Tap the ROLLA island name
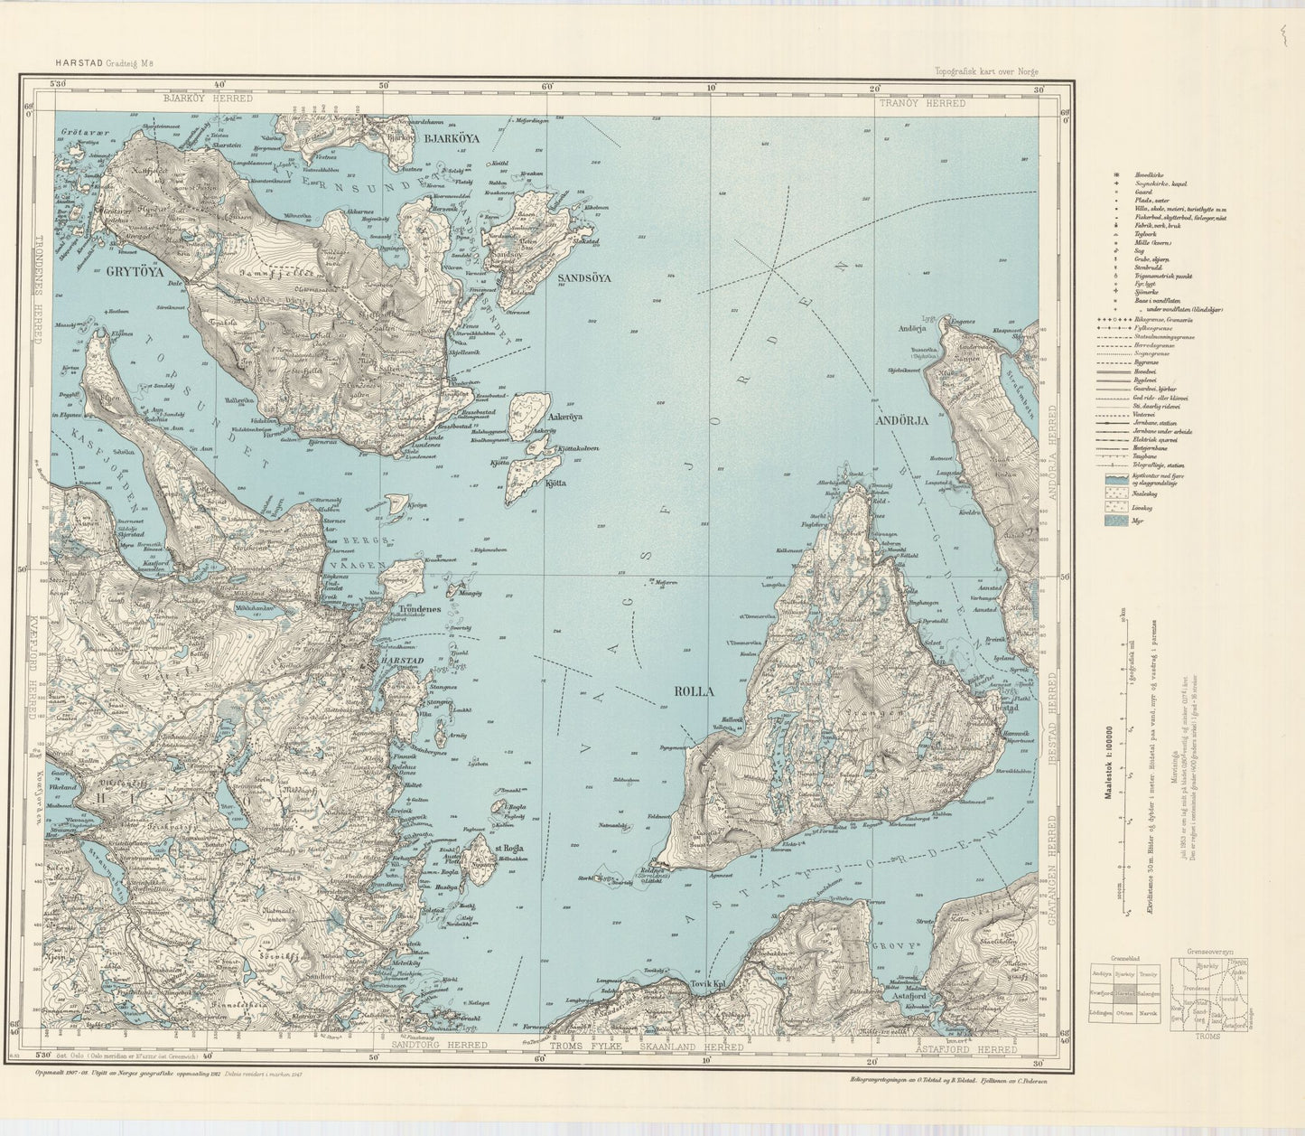(694, 691)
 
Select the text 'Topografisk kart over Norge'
(987, 70)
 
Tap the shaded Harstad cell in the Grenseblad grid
(1123, 993)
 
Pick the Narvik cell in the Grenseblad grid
(1148, 1013)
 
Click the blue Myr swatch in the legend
(1114, 521)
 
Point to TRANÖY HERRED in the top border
(920, 103)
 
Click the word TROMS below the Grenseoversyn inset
(1206, 1036)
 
